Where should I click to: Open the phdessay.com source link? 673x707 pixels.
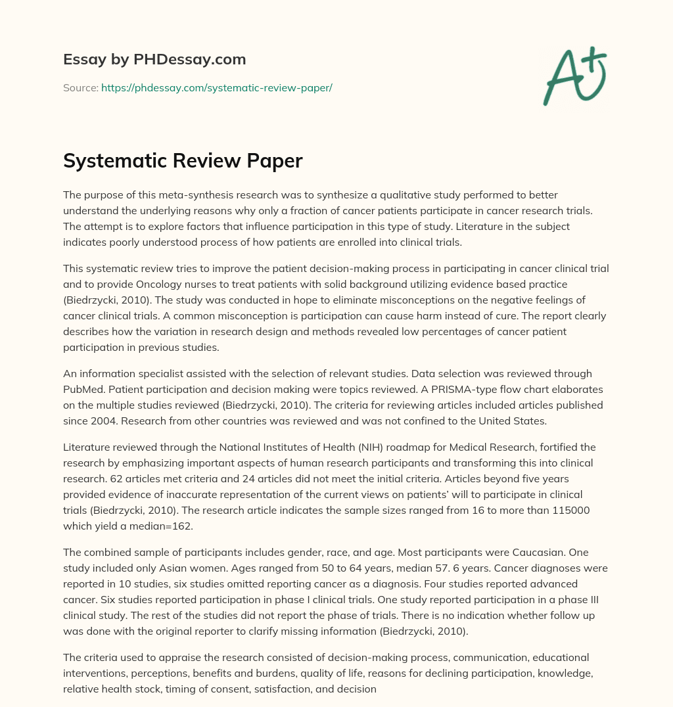click(x=216, y=87)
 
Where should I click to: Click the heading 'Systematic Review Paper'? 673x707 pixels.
click(x=183, y=161)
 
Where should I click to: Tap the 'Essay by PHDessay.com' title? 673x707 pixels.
click(x=154, y=60)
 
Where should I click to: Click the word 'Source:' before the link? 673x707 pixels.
click(x=81, y=87)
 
